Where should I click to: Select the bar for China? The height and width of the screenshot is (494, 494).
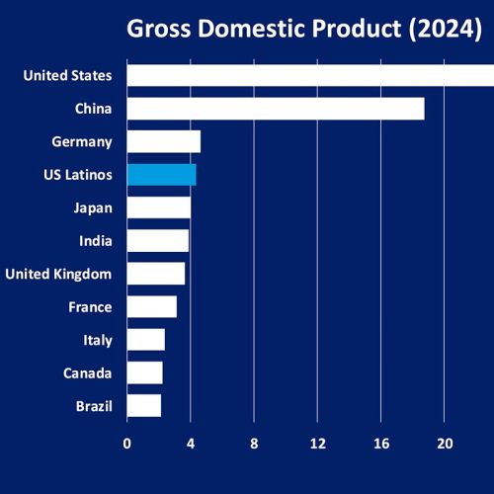click(276, 109)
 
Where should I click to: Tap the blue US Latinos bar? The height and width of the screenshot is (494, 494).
click(162, 175)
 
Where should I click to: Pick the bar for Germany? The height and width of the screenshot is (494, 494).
click(164, 141)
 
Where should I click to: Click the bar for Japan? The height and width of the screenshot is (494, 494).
click(159, 207)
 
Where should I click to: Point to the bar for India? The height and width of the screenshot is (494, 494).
click(158, 241)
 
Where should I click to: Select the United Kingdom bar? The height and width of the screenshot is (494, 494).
click(156, 274)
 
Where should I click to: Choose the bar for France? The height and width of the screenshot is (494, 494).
click(152, 307)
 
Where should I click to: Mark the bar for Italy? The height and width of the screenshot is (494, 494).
click(146, 340)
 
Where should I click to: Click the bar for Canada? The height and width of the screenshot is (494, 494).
click(145, 372)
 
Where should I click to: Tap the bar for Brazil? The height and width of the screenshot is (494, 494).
click(144, 406)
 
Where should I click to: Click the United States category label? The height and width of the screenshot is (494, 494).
click(67, 75)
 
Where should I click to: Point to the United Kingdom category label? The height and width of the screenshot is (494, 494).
click(58, 274)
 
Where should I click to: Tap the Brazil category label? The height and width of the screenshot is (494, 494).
click(93, 406)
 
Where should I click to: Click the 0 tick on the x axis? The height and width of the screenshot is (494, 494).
click(127, 444)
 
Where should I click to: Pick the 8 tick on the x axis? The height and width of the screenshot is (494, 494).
click(254, 444)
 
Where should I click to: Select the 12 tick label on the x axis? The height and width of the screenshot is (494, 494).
click(318, 444)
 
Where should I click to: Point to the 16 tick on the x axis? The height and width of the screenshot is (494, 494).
click(381, 444)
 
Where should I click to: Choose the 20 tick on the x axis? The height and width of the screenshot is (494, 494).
click(445, 444)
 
